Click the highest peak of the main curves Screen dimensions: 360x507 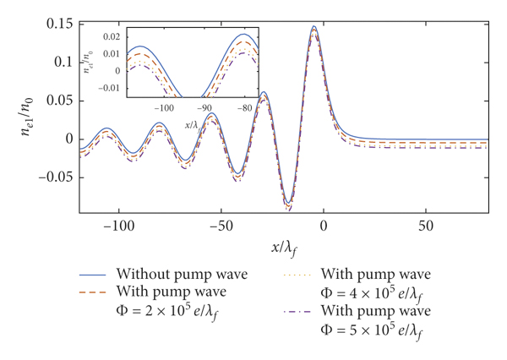tap(314, 27)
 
